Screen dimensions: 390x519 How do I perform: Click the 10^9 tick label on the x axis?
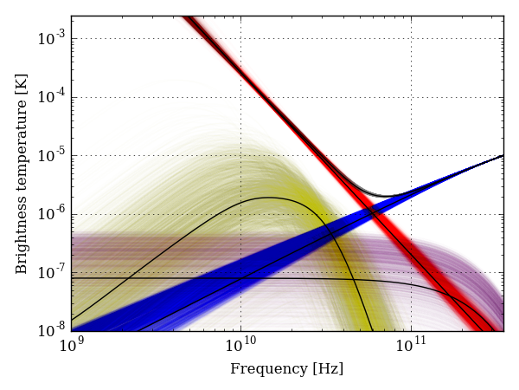[72, 347]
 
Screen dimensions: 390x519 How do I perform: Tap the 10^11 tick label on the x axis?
[411, 347]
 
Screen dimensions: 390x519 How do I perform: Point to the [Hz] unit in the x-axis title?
[329, 369]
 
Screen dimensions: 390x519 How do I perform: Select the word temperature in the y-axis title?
[22, 160]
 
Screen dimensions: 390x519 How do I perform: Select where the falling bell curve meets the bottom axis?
[372, 330]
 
